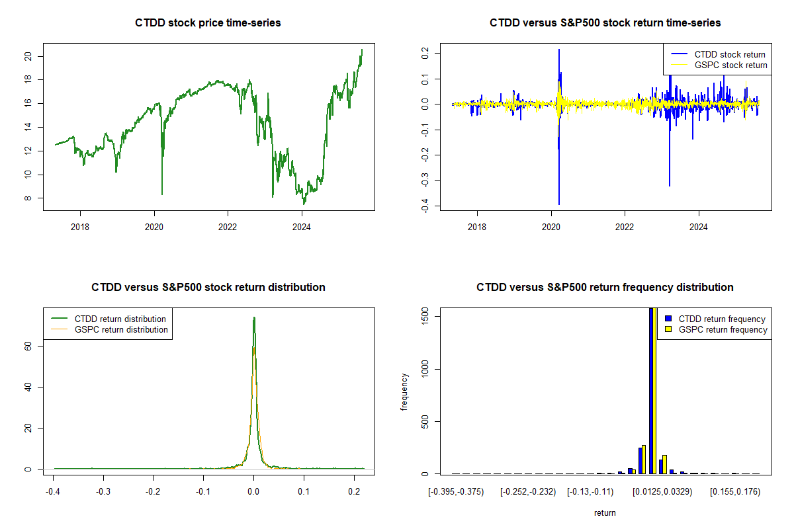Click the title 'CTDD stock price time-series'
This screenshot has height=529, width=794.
208,23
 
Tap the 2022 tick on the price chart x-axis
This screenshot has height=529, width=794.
228,225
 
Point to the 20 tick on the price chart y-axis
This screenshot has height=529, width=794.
28,56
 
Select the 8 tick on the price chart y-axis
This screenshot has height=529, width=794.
28,198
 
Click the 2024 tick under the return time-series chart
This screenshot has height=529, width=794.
699,225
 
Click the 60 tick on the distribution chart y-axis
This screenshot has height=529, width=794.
28,346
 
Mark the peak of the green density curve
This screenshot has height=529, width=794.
253,317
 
